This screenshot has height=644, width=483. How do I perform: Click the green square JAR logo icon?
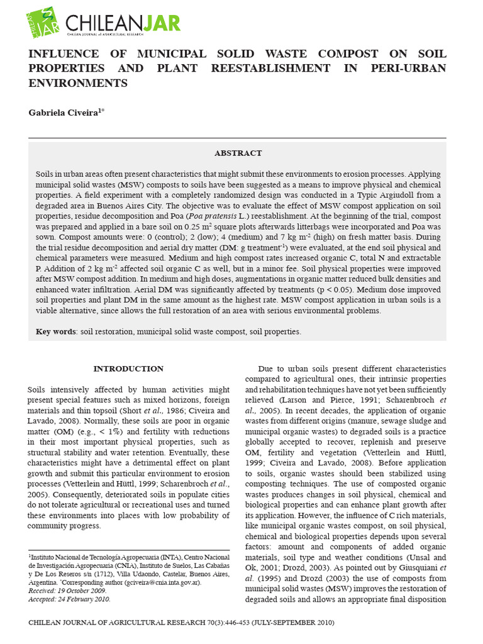[43, 23]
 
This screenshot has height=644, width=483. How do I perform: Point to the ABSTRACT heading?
[238, 153]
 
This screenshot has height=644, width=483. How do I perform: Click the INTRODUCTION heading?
[128, 369]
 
